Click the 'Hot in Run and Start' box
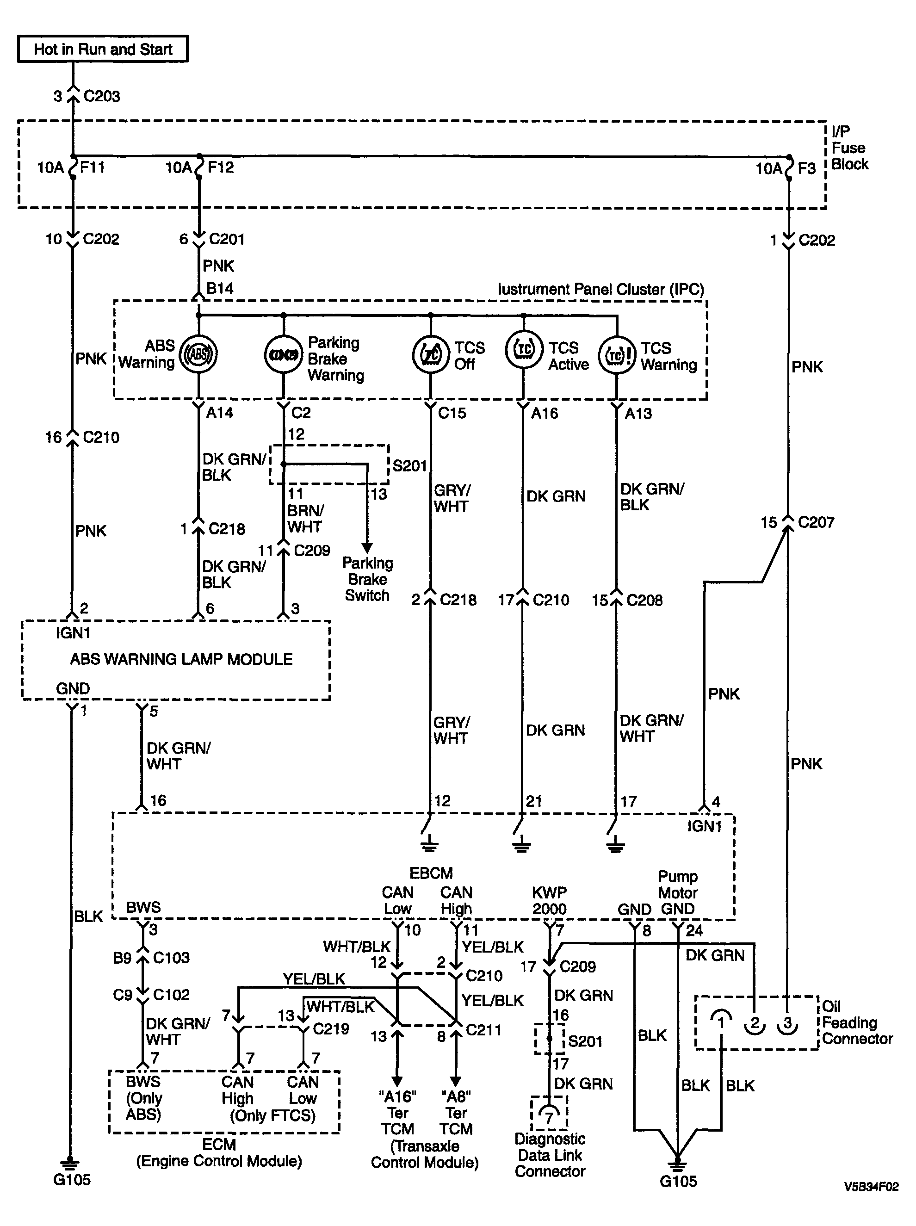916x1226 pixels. pos(103,49)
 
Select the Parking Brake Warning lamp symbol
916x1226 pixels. pos(283,354)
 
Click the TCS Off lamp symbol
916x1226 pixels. pos(431,354)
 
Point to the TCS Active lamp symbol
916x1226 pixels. pos(524,350)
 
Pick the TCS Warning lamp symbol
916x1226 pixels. pos(617,355)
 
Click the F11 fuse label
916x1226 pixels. pos(92,167)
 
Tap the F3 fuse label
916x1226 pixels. pos(806,168)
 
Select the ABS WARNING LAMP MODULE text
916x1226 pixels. pos(181,659)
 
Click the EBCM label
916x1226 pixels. pos(431,873)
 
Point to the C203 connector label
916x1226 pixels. pos(102,96)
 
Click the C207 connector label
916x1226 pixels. pos(816,522)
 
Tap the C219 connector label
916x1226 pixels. pos(331,1029)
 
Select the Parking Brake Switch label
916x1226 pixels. pos(367,579)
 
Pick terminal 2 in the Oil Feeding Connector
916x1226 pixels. pos(754,1022)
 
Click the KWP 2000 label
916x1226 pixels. pos(549,901)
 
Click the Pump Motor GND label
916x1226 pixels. pos(678,893)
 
